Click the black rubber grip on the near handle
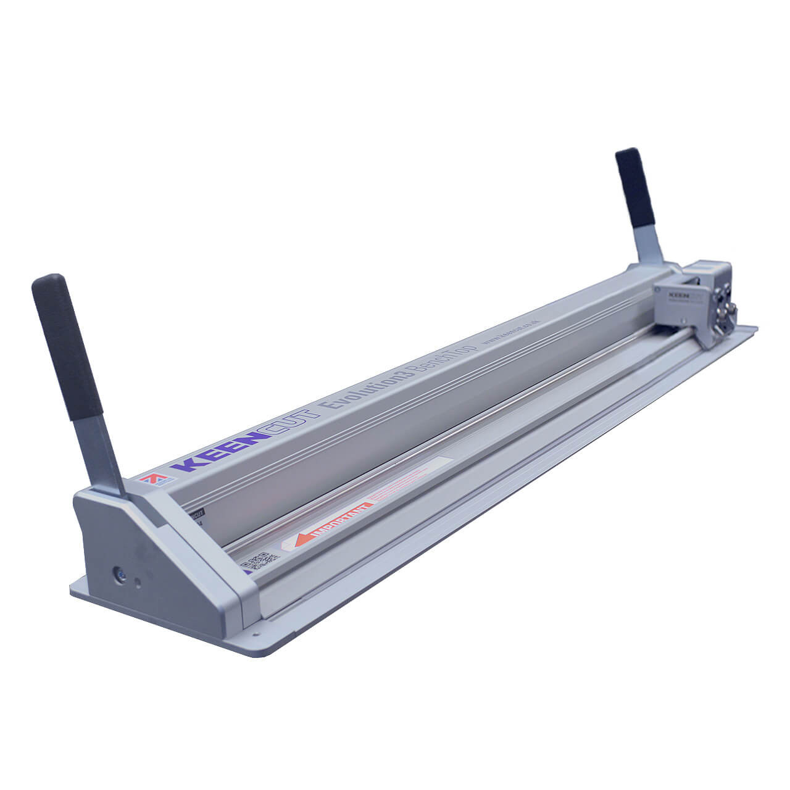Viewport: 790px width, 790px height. click(66, 346)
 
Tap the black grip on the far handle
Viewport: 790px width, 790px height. click(635, 188)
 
